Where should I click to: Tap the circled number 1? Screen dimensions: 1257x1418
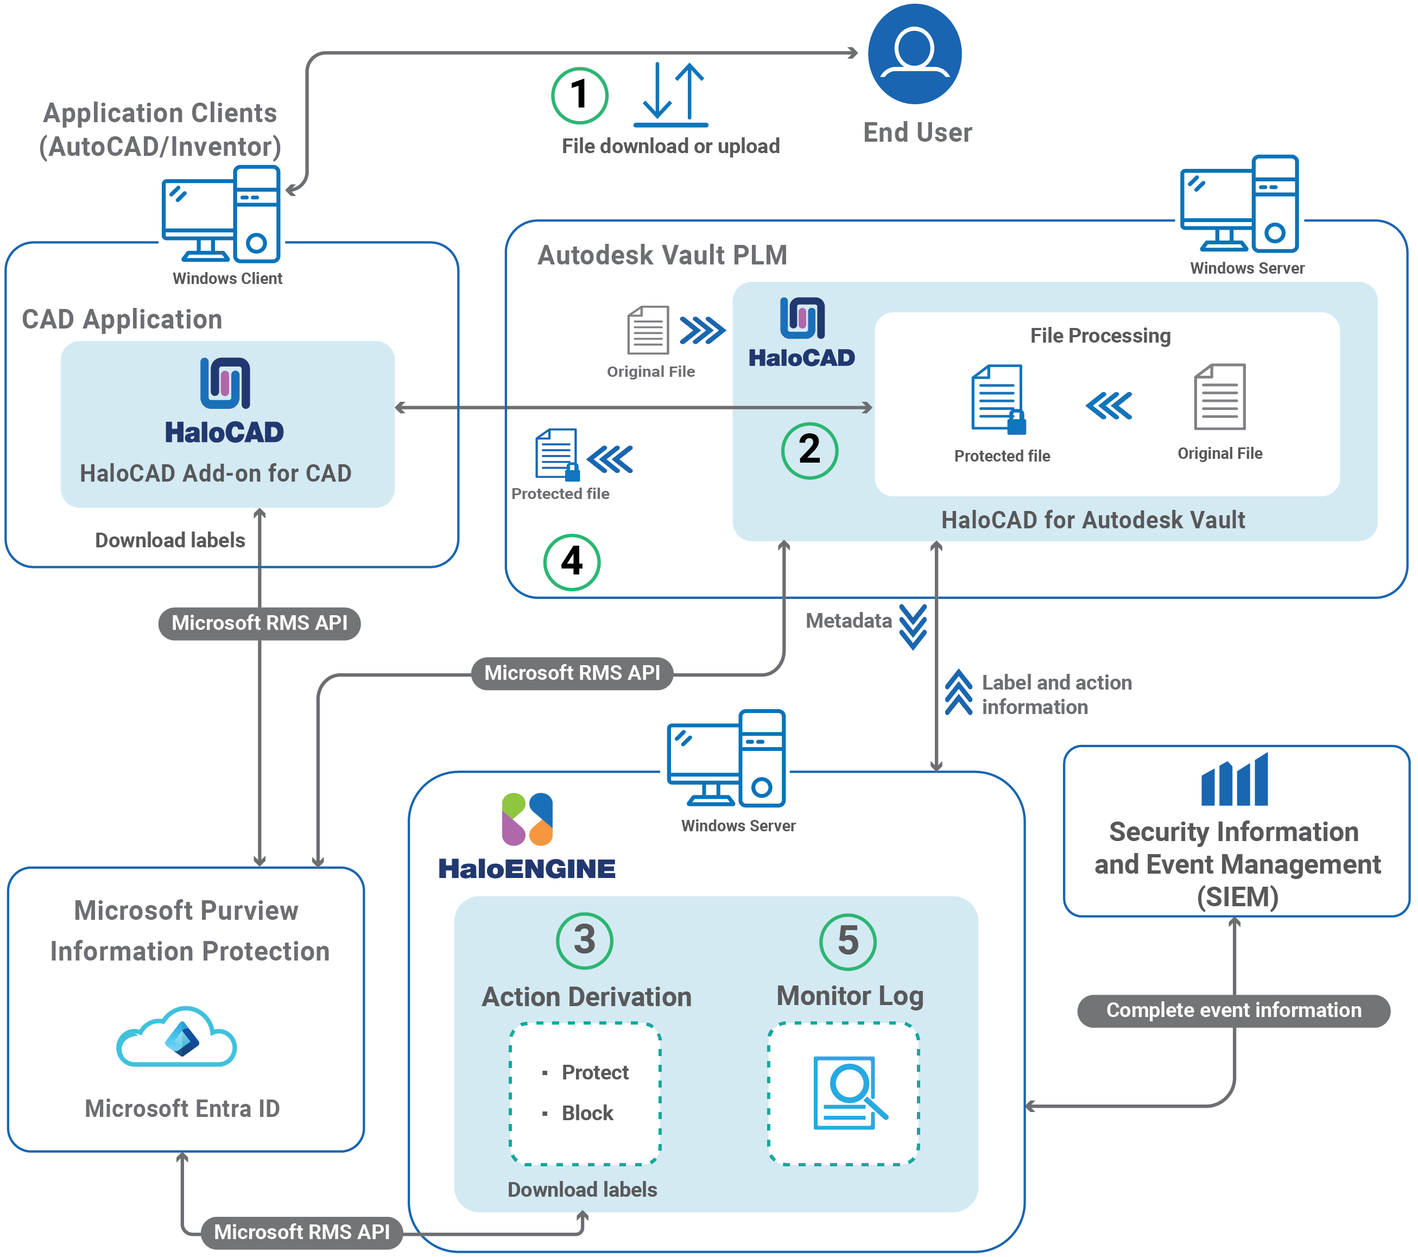click(579, 95)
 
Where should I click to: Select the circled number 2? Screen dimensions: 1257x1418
click(809, 450)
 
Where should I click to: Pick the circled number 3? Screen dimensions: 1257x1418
click(584, 940)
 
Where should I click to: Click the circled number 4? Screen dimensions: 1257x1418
click(571, 561)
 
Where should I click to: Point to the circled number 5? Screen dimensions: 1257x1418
click(848, 940)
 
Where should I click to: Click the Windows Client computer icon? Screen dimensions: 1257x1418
click(221, 215)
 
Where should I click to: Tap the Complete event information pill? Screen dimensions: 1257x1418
click(1233, 1010)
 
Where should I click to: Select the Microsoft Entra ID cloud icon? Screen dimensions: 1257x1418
click(177, 1037)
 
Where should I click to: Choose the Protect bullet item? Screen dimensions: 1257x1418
click(594, 1072)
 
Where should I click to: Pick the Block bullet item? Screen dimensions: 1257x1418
click(587, 1113)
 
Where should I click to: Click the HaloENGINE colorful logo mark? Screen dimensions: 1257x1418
click(527, 819)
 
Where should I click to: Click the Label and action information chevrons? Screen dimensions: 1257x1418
click(958, 692)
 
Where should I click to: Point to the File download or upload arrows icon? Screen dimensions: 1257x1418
click(670, 95)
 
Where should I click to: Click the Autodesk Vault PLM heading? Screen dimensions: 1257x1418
click(662, 255)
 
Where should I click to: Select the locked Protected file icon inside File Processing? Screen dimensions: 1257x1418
click(998, 399)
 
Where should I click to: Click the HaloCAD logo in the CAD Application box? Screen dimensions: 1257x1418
click(224, 401)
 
